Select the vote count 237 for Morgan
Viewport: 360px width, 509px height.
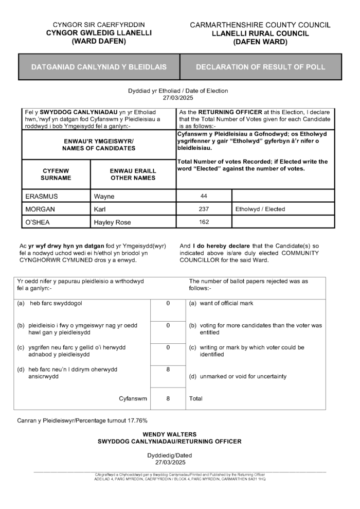point(204,209)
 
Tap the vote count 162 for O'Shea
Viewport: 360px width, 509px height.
point(204,222)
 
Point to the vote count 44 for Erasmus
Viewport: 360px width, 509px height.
point(204,196)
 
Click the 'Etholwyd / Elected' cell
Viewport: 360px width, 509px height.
point(260,209)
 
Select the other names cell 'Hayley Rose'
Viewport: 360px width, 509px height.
point(112,222)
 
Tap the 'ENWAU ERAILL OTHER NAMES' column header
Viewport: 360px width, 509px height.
point(133,174)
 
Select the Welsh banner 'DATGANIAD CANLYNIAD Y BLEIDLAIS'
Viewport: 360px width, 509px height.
point(99,67)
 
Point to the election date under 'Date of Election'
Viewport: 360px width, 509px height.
point(178,98)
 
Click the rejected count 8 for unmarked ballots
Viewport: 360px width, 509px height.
point(168,370)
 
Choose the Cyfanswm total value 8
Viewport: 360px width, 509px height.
point(168,398)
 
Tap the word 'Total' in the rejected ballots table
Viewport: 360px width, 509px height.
point(196,398)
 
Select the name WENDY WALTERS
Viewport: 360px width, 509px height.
point(169,434)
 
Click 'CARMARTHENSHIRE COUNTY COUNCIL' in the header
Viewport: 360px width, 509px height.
point(260,25)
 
